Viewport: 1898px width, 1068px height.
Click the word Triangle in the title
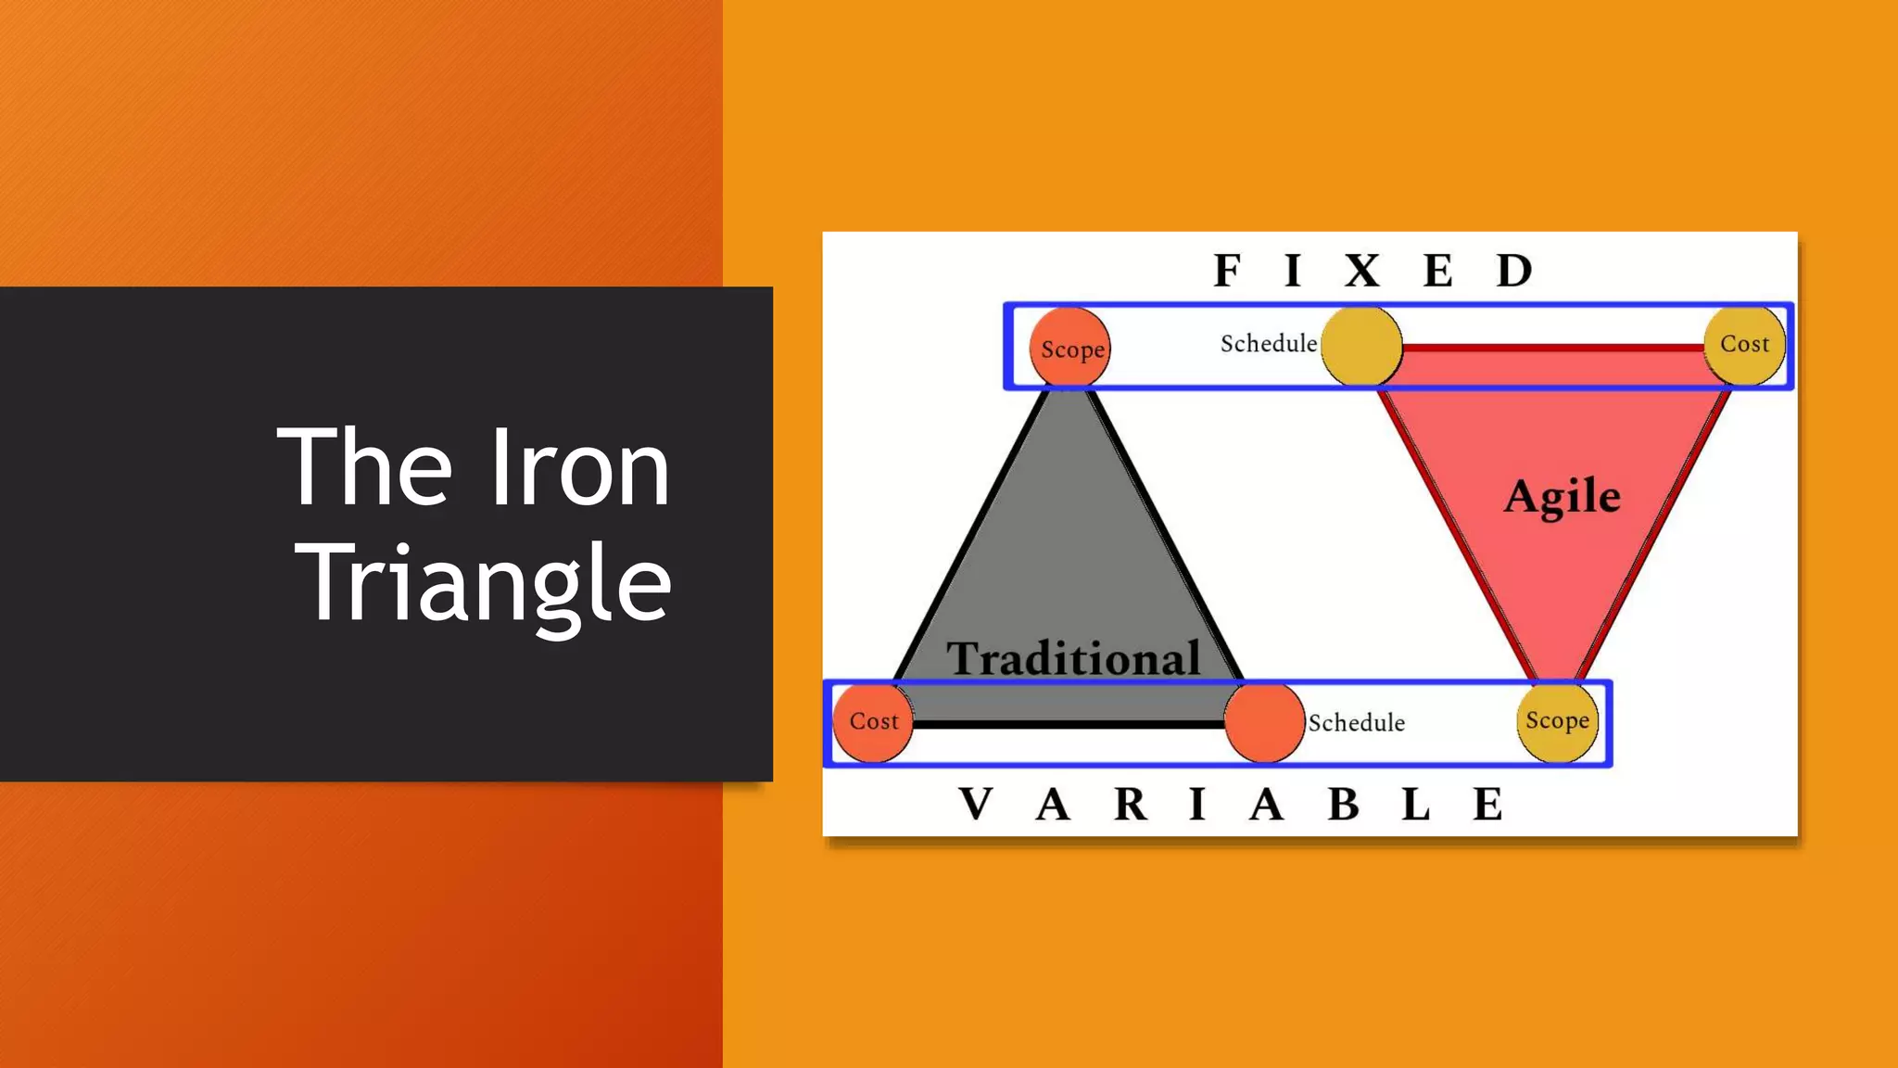(x=485, y=584)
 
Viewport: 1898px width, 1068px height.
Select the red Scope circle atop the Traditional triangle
(x=1070, y=349)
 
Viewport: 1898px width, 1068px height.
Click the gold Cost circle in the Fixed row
(x=1744, y=345)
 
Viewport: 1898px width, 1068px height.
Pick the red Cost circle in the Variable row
(x=873, y=721)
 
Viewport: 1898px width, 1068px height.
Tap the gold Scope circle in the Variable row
(x=1557, y=721)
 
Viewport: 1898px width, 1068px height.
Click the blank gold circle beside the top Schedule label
(x=1360, y=346)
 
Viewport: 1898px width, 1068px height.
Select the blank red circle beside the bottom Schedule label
(x=1264, y=722)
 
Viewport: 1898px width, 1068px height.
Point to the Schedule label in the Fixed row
(x=1268, y=344)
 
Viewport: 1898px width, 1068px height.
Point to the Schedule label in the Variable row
(x=1356, y=723)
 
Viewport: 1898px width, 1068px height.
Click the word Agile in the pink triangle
(x=1563, y=497)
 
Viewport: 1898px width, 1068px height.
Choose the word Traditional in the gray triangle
(x=1073, y=658)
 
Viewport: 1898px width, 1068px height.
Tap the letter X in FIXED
(x=1362, y=271)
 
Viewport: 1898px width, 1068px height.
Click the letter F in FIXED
(x=1227, y=271)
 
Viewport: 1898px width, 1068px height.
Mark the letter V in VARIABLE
(x=976, y=804)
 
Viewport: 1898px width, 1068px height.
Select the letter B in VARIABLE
(x=1343, y=804)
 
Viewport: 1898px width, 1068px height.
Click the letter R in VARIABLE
(x=1131, y=804)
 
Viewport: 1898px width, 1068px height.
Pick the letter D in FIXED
(x=1514, y=271)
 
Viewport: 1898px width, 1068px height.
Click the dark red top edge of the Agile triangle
(x=1552, y=349)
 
